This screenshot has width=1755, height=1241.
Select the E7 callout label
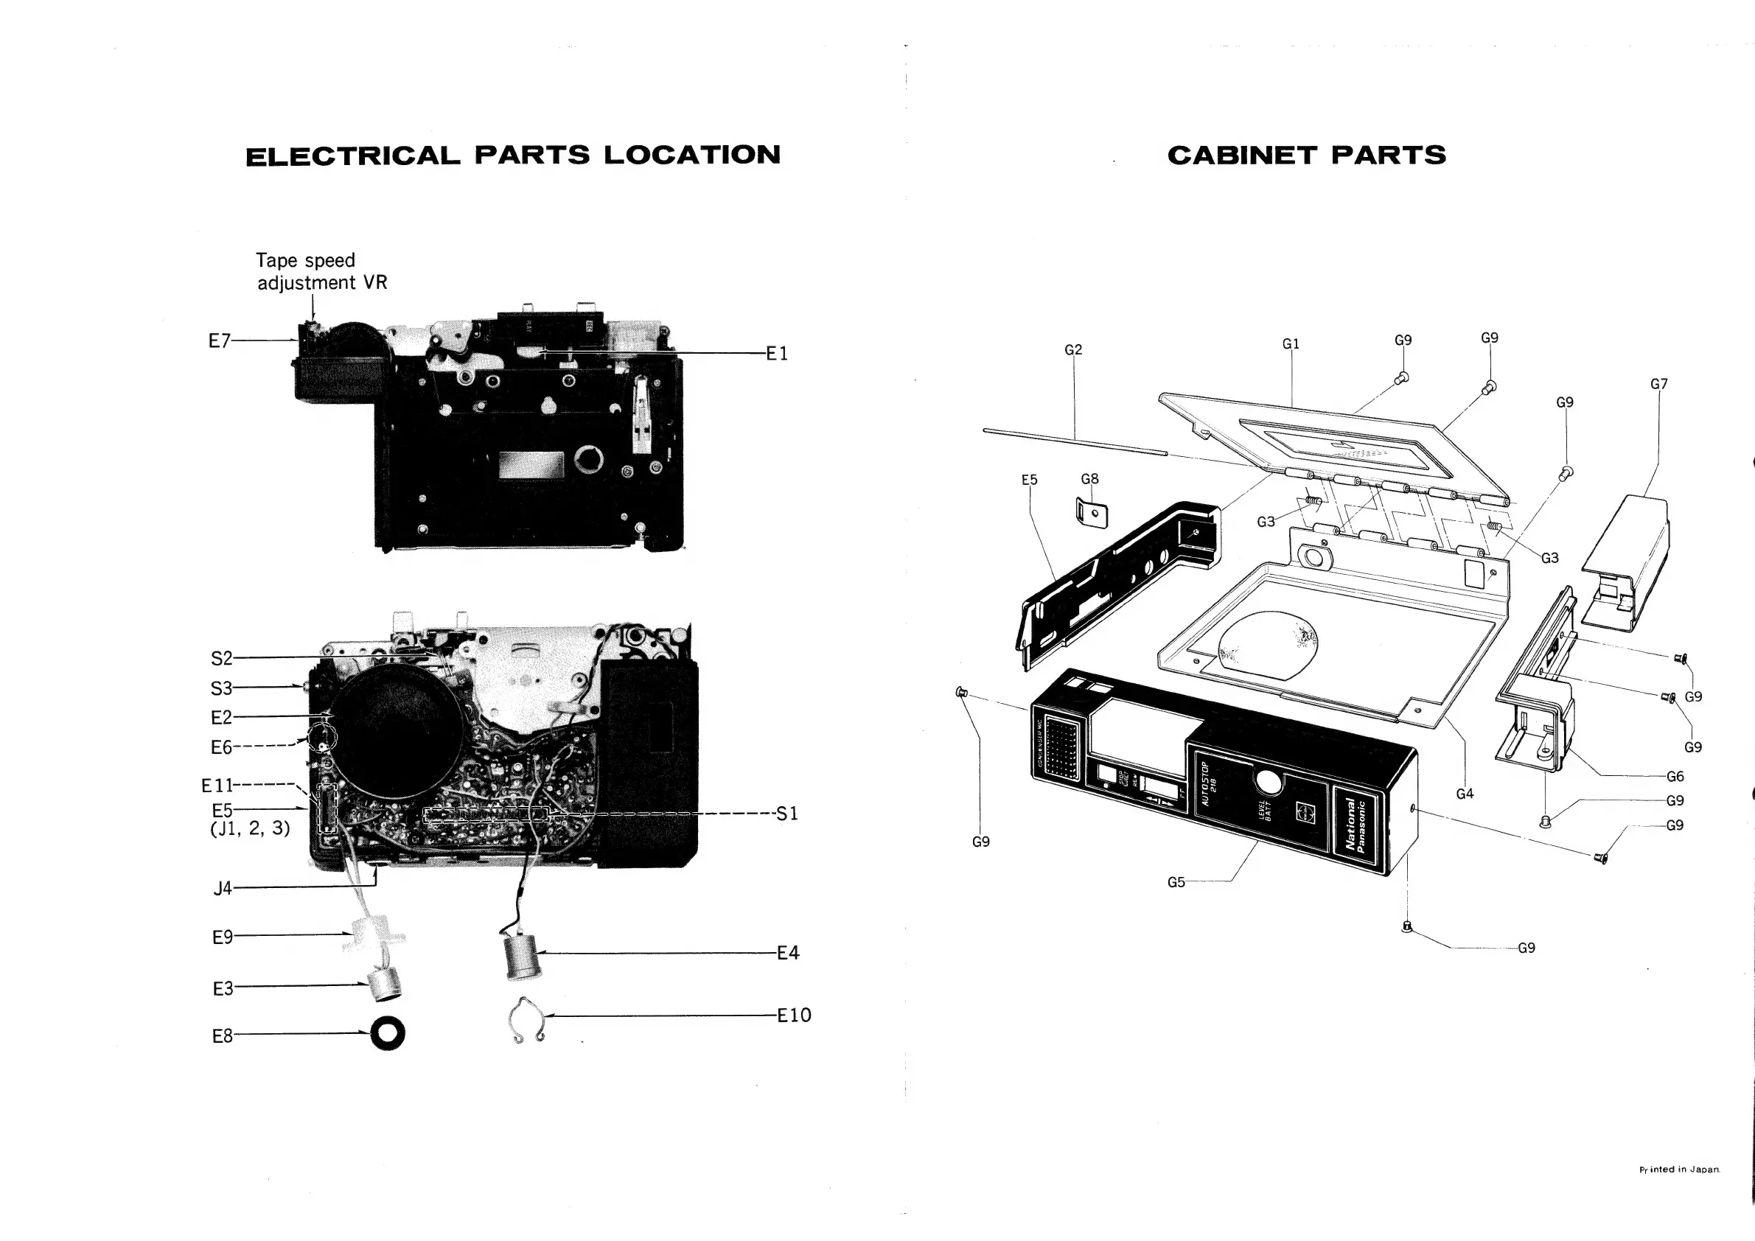pyautogui.click(x=220, y=340)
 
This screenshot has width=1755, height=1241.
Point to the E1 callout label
pyautogui.click(x=777, y=353)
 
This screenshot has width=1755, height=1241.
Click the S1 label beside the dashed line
pyautogui.click(x=786, y=814)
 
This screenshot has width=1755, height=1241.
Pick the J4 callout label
pyautogui.click(x=223, y=888)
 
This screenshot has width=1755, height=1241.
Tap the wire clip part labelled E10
pyautogui.click(x=526, y=1020)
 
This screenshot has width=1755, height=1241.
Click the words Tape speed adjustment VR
pyautogui.click(x=321, y=271)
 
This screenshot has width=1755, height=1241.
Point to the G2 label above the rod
pyautogui.click(x=1073, y=349)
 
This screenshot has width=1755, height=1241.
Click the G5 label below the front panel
pyautogui.click(x=1176, y=882)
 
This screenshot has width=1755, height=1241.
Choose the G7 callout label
pyautogui.click(x=1658, y=384)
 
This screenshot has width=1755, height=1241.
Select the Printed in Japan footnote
pyautogui.click(x=1679, y=1170)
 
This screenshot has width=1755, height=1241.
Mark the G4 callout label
pyautogui.click(x=1465, y=793)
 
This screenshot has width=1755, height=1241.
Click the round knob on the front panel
pyautogui.click(x=1268, y=783)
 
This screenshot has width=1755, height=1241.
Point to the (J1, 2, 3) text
pyautogui.click(x=250, y=828)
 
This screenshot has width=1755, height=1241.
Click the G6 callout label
pyautogui.click(x=1675, y=777)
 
